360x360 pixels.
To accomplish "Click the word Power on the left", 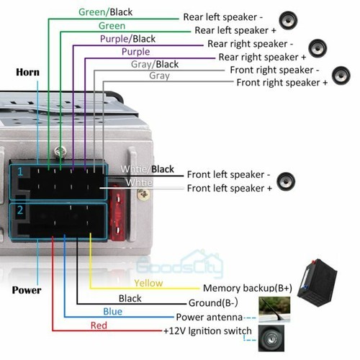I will point(27,290).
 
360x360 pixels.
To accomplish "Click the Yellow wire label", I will point(149,283).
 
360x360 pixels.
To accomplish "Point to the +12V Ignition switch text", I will point(207,331).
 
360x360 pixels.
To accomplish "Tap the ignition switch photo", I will point(271,337).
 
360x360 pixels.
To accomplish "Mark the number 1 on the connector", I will point(21,171).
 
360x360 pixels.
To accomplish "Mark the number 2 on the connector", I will point(21,211).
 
